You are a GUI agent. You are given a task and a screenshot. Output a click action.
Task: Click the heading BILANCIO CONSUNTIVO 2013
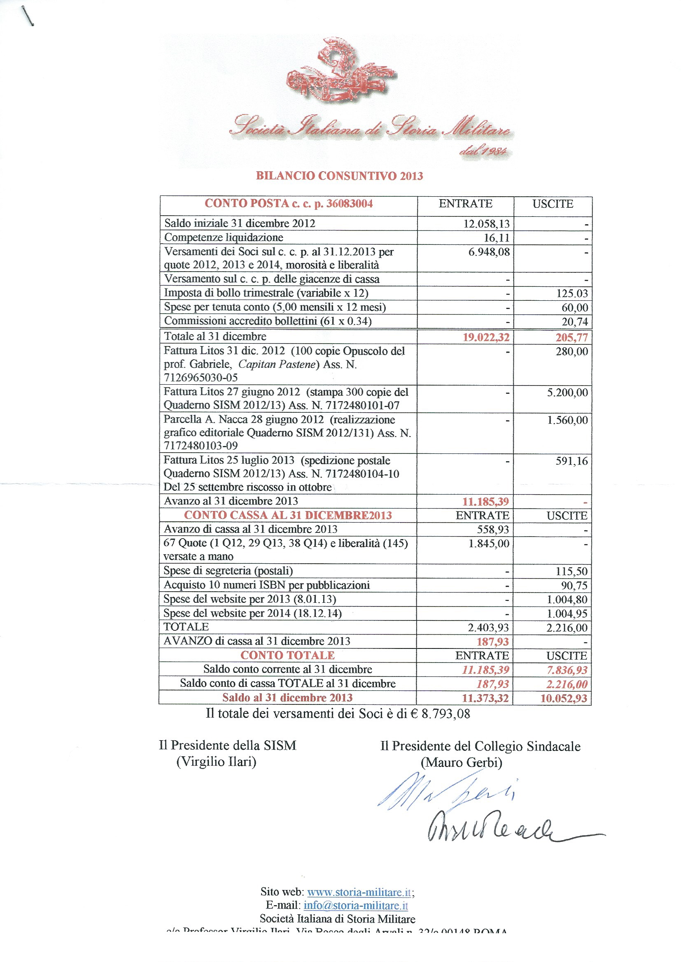point(339,176)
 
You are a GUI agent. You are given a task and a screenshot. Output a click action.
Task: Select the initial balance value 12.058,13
point(486,224)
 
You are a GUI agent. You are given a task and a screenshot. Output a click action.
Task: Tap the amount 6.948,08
point(489,252)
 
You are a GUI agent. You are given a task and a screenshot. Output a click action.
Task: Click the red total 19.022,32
point(486,337)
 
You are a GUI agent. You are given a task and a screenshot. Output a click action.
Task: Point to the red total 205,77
point(571,337)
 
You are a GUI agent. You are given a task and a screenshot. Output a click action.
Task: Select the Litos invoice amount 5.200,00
point(567,393)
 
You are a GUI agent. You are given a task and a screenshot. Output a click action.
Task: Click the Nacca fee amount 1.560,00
point(567,420)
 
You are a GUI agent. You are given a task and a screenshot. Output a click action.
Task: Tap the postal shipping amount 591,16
point(571,461)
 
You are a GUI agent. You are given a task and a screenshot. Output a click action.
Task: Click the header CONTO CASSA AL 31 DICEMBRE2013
point(288,515)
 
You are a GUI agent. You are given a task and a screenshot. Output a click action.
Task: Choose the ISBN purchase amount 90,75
point(574,586)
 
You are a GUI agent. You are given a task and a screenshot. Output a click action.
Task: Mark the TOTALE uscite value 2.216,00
point(567,627)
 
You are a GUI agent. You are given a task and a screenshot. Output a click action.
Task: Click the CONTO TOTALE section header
point(288,655)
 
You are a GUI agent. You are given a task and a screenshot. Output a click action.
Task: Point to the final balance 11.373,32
point(485,698)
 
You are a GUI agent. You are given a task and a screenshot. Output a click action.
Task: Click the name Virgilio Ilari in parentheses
point(217,761)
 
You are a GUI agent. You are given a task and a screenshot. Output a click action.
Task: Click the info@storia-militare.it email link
point(356,905)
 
